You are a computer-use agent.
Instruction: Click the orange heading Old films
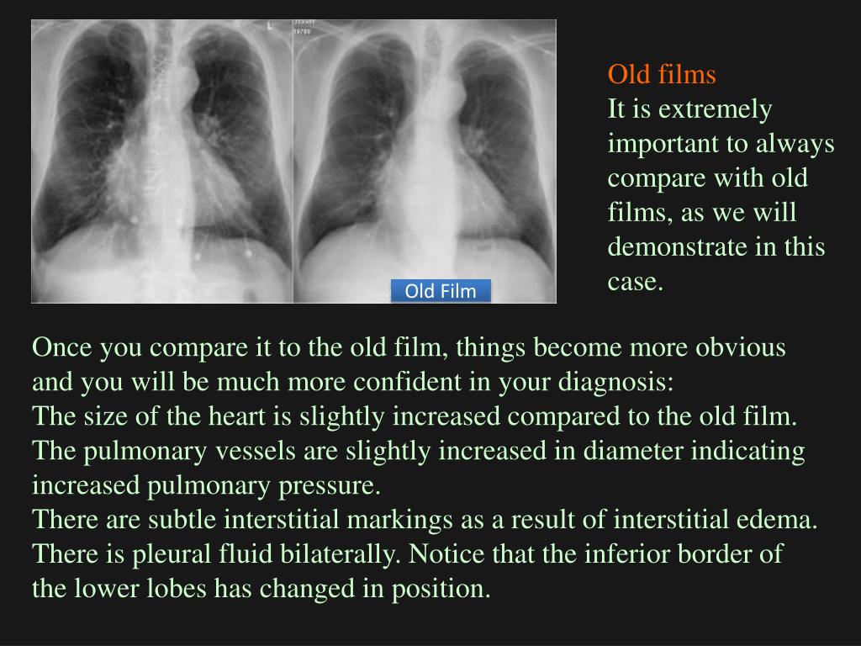point(662,75)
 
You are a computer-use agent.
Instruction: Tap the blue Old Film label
point(441,291)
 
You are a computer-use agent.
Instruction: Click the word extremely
point(715,109)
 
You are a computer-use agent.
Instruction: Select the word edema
point(782,520)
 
